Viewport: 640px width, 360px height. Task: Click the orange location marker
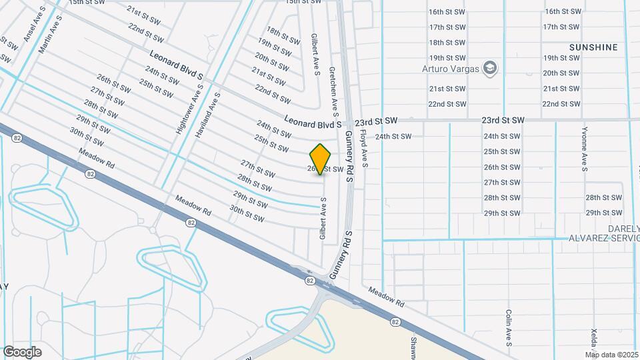(321, 159)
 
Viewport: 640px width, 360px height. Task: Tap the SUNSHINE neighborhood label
(593, 47)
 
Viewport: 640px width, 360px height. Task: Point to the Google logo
(22, 351)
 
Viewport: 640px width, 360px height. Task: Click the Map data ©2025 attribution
(611, 354)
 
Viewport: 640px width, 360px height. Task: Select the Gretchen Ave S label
(332, 88)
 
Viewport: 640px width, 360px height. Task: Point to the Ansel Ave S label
(35, 25)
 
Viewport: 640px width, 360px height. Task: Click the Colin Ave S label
(508, 328)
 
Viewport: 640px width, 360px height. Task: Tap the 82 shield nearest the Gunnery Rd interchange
(311, 281)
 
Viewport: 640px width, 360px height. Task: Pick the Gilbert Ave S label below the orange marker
(323, 219)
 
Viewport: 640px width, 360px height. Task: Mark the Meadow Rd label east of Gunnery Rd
(387, 297)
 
